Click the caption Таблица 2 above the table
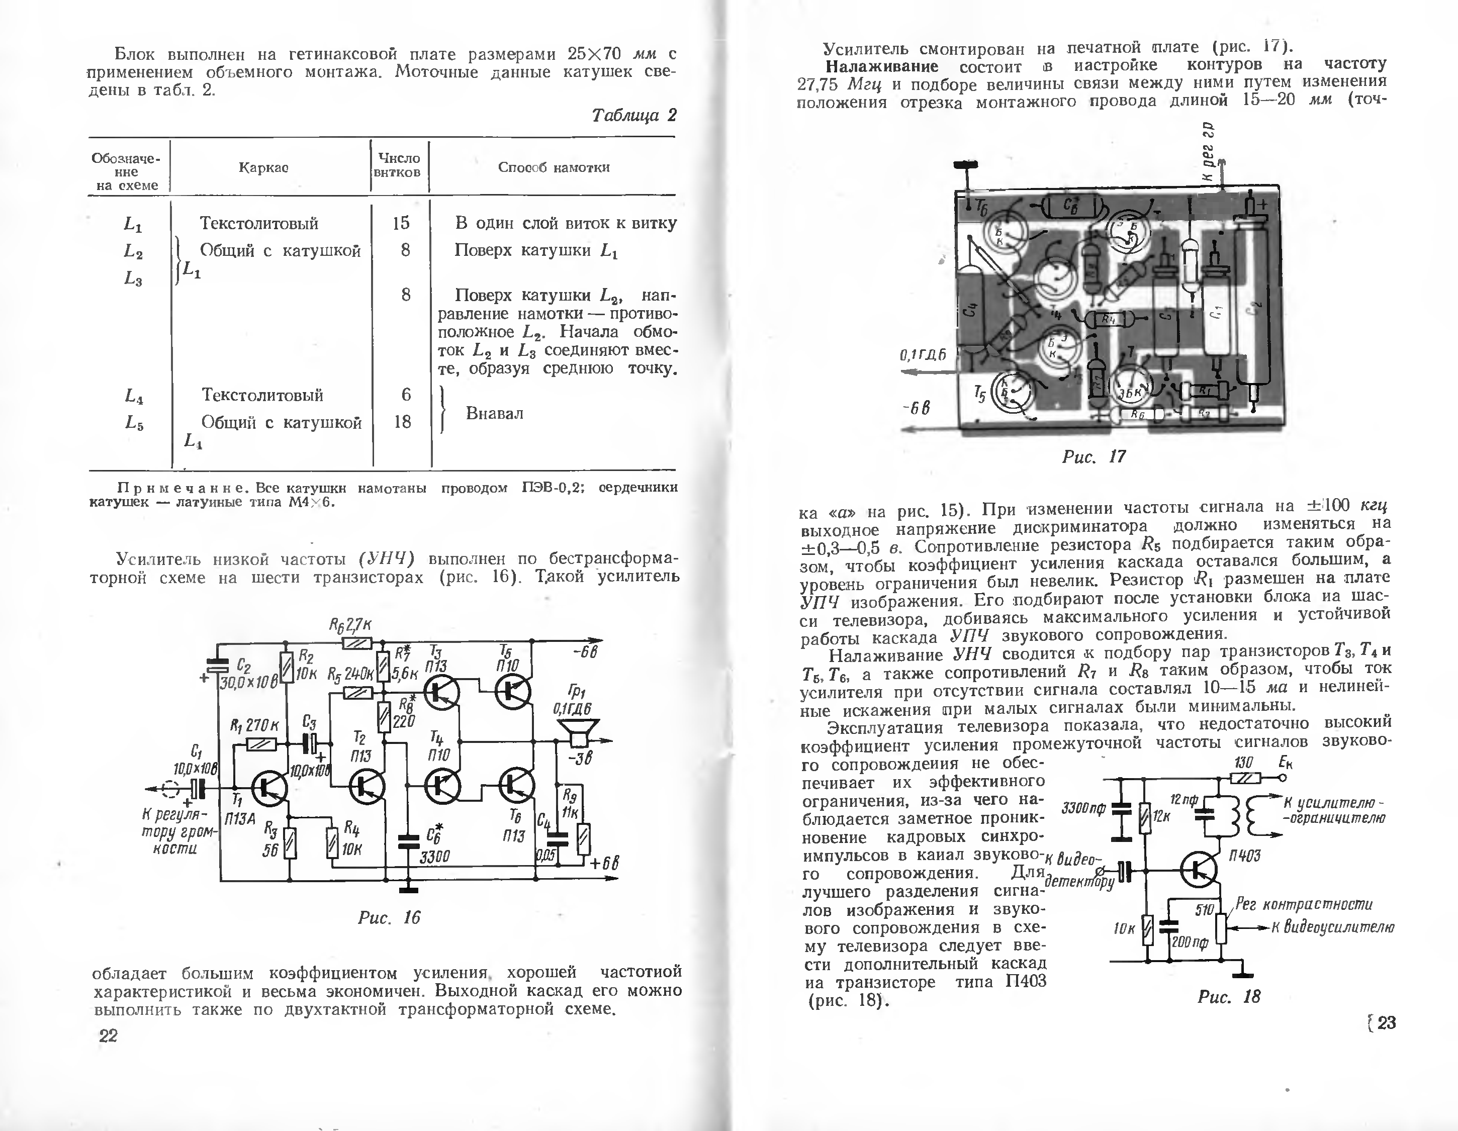633,116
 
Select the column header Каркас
263,167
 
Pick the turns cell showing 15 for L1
401,223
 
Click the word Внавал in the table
494,413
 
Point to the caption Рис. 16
389,917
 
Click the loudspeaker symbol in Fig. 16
576,732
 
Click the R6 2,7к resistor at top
357,643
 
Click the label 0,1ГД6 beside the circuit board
923,355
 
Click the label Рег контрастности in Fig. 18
1304,905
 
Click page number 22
108,1035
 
